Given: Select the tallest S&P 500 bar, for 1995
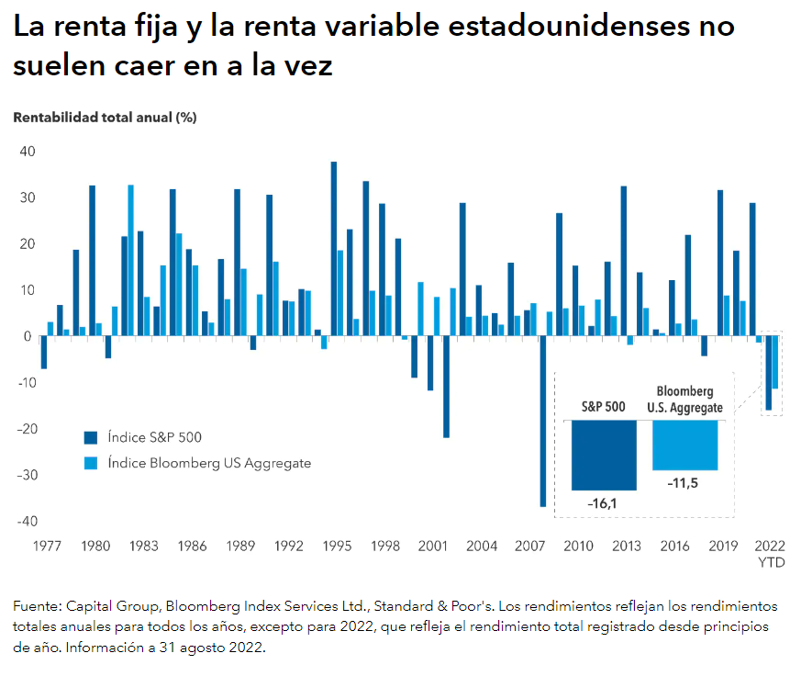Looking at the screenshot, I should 334,248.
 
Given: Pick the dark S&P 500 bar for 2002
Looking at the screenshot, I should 447,387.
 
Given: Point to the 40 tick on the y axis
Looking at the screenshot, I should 28,152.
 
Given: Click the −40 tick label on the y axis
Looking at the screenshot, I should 25,522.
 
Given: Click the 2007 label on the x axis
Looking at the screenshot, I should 531,546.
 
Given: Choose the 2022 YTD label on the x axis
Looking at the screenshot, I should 771,553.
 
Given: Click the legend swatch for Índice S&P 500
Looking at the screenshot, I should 90,438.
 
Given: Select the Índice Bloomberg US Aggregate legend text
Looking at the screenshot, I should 208,464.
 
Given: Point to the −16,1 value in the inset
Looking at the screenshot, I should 604,503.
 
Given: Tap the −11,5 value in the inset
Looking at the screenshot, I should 684,483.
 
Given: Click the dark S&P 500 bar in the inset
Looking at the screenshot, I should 604,455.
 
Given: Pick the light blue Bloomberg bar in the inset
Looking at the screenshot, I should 684,445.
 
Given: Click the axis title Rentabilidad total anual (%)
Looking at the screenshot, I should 106,118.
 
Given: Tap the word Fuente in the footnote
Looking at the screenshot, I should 39,607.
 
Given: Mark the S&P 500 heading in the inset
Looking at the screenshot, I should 604,406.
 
